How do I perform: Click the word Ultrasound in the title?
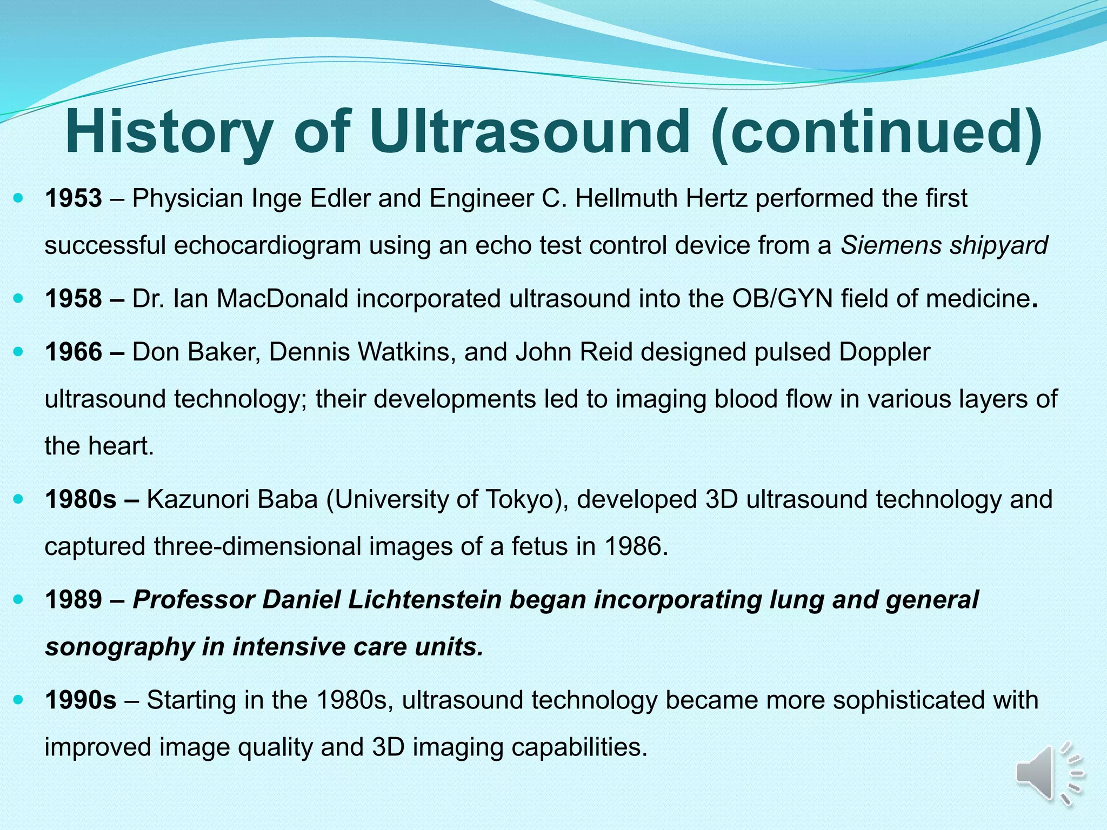point(530,132)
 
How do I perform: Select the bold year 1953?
point(74,198)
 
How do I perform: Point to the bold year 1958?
point(74,298)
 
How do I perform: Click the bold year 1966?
point(74,352)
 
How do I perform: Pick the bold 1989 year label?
point(74,600)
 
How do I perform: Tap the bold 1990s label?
point(81,700)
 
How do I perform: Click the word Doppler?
point(885,352)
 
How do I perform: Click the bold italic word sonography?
point(119,647)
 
